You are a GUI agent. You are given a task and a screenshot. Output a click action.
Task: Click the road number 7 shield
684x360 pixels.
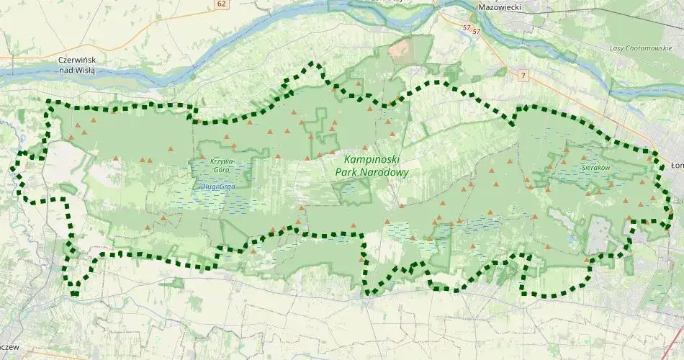coord(522,75)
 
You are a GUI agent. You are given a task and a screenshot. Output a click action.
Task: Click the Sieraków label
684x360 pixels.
coord(595,167)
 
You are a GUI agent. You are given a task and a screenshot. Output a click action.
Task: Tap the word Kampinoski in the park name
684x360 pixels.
coord(372,159)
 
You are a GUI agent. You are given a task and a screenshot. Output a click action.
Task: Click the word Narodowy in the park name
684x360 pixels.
coord(387,173)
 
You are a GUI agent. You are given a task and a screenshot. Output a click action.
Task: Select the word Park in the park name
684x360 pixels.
coord(348,173)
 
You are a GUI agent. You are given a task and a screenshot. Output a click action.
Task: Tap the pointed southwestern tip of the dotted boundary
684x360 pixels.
coord(75,292)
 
